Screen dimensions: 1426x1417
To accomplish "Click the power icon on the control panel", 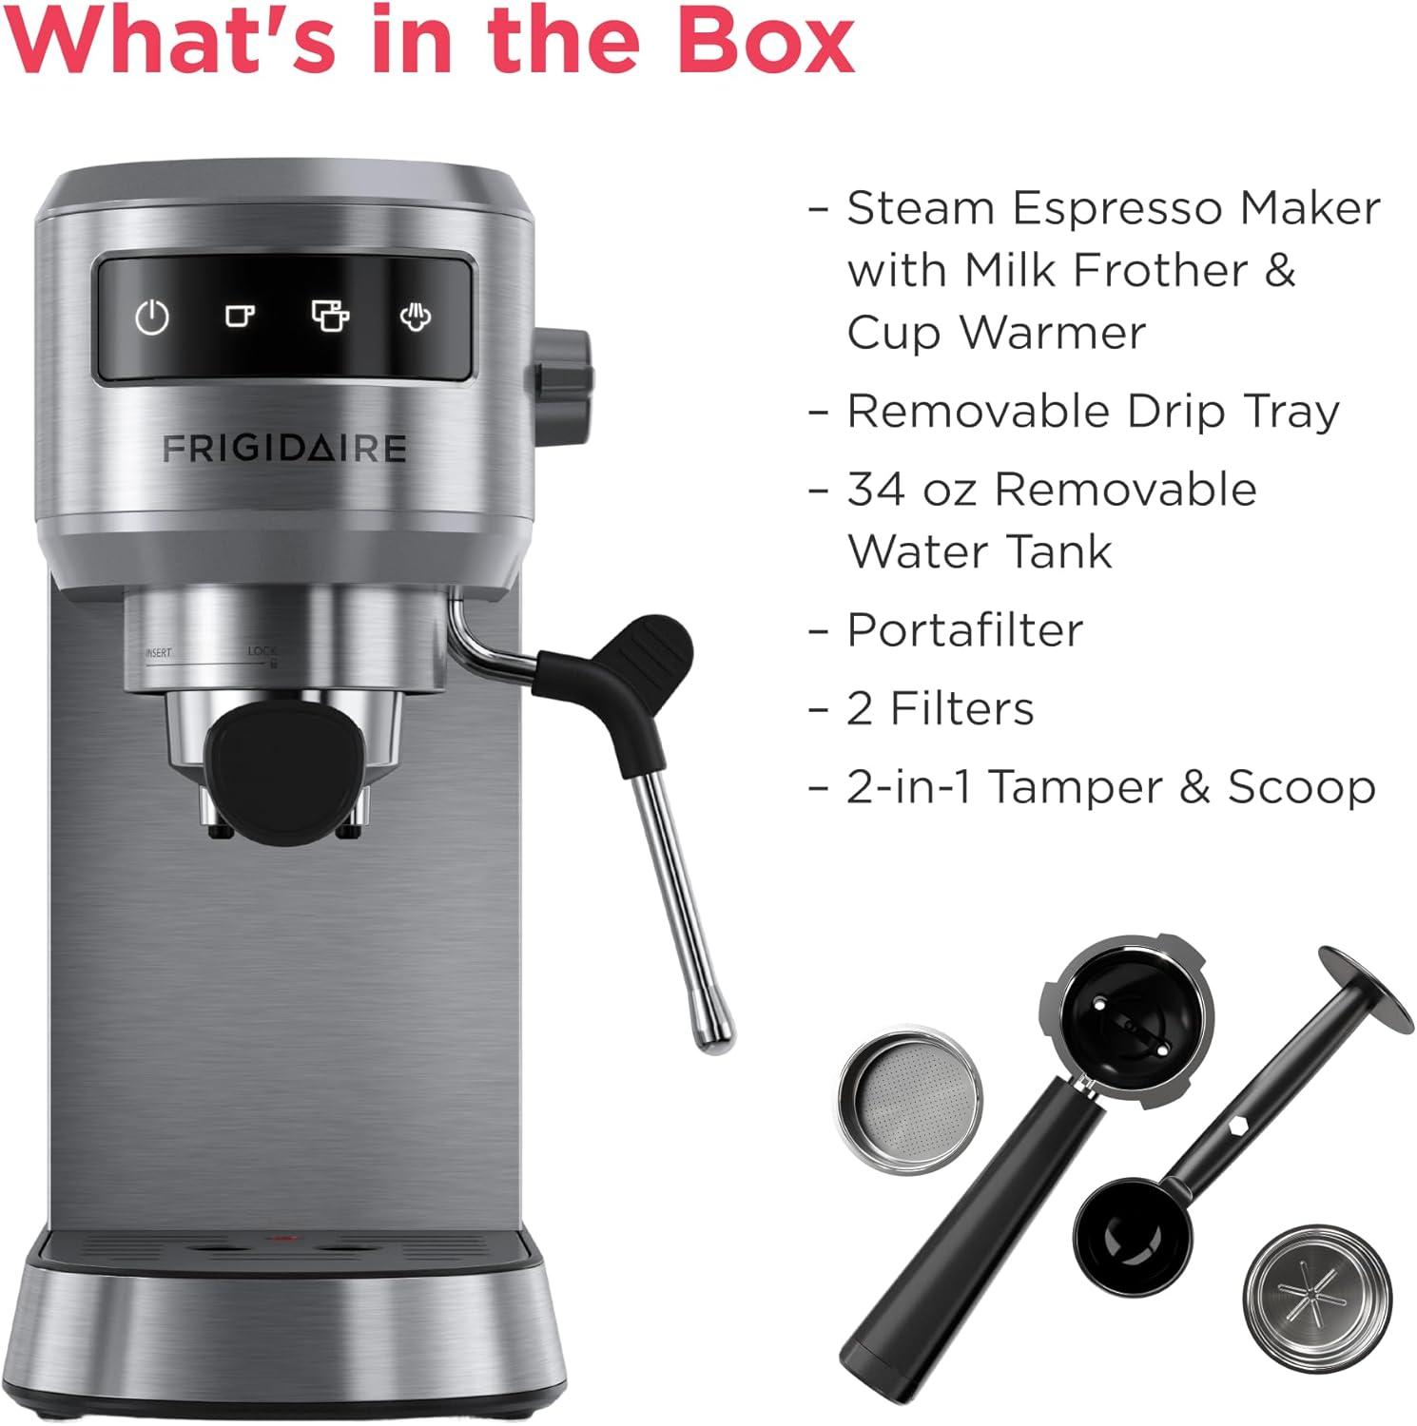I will pos(152,317).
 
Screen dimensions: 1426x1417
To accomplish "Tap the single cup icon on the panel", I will pos(240,315).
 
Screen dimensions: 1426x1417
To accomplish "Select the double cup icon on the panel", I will pos(330,315).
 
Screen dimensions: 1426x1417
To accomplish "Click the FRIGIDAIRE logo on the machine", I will pos(284,449).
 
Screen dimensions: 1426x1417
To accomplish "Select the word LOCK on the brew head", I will pos(262,651).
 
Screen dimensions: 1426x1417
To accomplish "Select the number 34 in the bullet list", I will pos(874,490).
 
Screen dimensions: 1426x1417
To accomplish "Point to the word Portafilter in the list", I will pos(964,629).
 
